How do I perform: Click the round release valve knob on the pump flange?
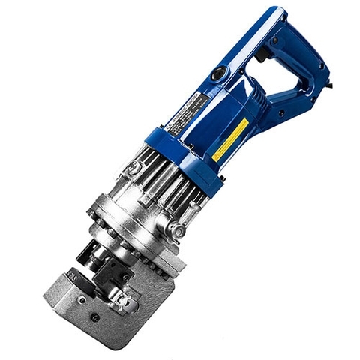coord(177,231)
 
